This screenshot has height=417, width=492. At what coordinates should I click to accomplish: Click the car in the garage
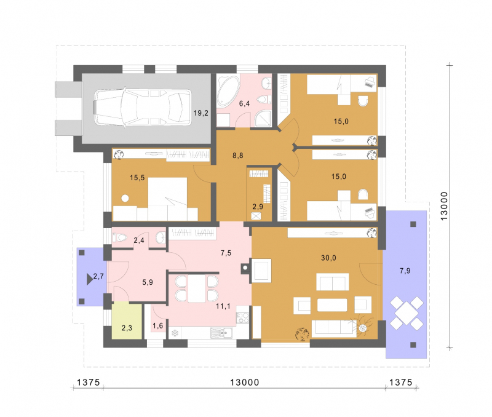pos(143,108)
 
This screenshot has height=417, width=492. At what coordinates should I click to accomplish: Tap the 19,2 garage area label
pos(201,113)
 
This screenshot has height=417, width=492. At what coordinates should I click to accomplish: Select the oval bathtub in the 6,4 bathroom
pos(227,90)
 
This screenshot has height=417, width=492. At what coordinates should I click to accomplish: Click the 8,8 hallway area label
pos(238,156)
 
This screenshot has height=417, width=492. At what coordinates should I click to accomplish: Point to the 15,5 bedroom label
pos(137,178)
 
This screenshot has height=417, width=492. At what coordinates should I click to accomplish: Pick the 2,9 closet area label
pos(258,207)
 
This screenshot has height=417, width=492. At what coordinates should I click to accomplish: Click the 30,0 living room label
pos(328,258)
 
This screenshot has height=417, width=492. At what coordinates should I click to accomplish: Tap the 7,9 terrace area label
pos(405,271)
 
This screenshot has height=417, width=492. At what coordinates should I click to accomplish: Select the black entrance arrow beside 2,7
pos(89,279)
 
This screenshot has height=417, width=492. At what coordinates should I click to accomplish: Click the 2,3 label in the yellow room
pos(127,328)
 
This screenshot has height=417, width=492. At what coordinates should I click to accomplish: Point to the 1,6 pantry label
pos(158,326)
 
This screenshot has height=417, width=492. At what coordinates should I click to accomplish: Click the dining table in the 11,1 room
pos(197,288)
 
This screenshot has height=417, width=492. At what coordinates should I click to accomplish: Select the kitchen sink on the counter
pos(221,333)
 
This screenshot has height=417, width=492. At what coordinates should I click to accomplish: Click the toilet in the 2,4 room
pos(119,238)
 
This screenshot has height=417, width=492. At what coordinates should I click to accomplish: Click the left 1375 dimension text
pos(88,382)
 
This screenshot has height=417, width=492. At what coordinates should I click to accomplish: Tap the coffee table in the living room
pos(332,304)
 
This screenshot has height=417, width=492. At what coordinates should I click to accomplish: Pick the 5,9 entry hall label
pos(148,282)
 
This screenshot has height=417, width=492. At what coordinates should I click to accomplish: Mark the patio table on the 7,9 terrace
pos(407,313)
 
